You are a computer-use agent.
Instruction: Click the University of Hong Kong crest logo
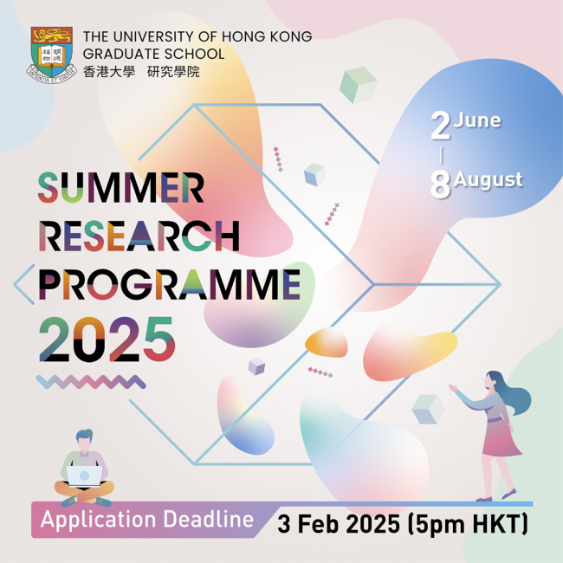(x=52, y=55)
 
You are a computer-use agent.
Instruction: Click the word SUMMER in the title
(x=121, y=188)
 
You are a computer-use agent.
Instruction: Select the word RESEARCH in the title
(x=139, y=236)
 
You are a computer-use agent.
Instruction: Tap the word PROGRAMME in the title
(x=170, y=284)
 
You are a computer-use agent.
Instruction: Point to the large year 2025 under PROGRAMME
(x=107, y=340)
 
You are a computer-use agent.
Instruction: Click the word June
(x=477, y=120)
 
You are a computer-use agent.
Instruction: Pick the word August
(x=488, y=179)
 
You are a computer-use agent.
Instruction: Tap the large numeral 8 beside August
(x=441, y=184)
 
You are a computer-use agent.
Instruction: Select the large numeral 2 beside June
(x=441, y=126)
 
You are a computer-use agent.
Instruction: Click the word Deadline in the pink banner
(x=209, y=519)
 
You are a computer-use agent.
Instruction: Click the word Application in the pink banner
(x=99, y=521)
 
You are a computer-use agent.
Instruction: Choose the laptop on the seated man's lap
(x=84, y=476)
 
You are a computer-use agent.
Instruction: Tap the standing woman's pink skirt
(x=500, y=437)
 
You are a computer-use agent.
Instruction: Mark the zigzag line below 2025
(x=91, y=382)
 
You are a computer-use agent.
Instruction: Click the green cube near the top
(x=358, y=85)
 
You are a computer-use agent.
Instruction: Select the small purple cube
(x=256, y=366)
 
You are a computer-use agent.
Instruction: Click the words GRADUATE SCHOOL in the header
(x=153, y=54)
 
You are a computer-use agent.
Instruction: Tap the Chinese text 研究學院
(x=173, y=71)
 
